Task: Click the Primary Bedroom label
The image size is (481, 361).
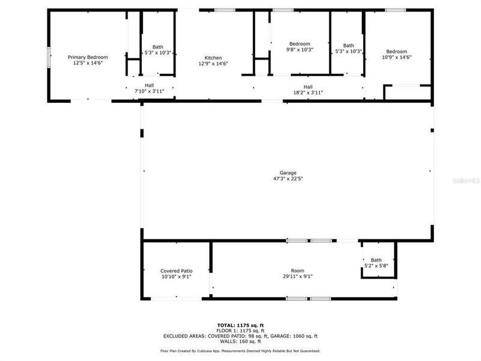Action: point(88,57)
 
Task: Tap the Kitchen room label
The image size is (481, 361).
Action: point(213,58)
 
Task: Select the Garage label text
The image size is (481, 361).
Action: point(287,173)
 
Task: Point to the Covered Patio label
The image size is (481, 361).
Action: point(176,271)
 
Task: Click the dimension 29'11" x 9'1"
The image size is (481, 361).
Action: point(298,277)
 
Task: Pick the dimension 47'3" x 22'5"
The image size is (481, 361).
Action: point(287,179)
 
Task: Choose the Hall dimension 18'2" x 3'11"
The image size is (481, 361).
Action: point(308,93)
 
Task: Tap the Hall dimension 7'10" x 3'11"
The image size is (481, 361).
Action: point(149,91)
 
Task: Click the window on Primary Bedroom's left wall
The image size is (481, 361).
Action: point(49,59)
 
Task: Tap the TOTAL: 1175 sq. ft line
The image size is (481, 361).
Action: point(240,326)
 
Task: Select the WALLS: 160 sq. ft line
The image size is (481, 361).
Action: point(240,342)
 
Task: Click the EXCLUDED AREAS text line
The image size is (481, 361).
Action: point(240,336)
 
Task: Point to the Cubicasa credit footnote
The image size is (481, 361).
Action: point(240,350)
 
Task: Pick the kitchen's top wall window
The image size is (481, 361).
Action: point(225,10)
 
